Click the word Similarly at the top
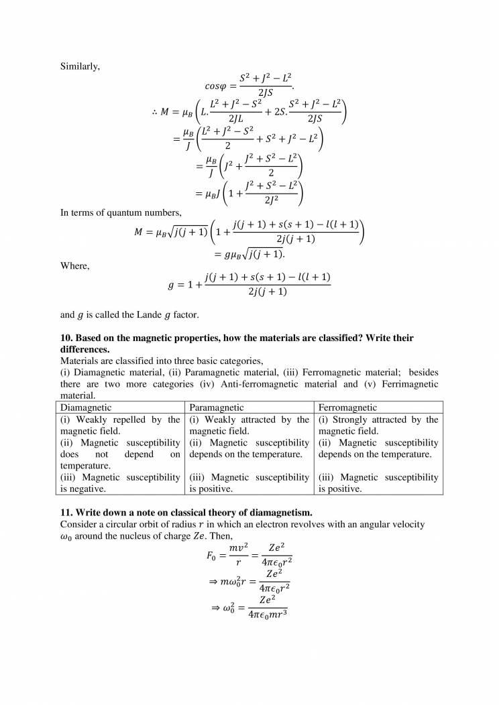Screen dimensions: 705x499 tap(79, 66)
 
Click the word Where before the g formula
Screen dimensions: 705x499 tap(74, 265)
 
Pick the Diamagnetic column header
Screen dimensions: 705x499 tap(86, 407)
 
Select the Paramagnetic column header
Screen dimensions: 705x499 tap(218, 407)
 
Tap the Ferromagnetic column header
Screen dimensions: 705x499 tap(348, 407)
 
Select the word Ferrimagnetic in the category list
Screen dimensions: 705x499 tap(410, 384)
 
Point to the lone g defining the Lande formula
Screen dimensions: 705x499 tap(170, 284)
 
